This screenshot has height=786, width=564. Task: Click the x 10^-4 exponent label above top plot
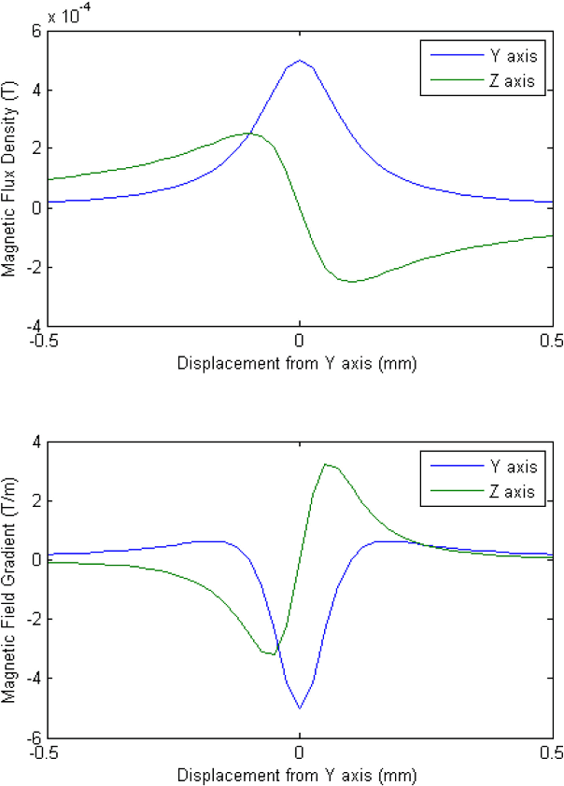(x=68, y=16)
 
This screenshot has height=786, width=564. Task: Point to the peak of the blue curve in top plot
(x=299, y=61)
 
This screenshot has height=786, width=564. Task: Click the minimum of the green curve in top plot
(x=351, y=281)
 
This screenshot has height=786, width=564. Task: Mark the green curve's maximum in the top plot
(x=247, y=133)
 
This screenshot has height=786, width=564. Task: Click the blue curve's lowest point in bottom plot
(x=299, y=708)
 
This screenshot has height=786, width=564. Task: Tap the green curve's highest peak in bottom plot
(x=325, y=464)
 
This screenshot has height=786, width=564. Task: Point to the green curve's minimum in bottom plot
(x=273, y=654)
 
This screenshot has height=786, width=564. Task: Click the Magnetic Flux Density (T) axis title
(x=10, y=178)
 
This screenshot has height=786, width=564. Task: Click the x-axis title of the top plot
(x=297, y=362)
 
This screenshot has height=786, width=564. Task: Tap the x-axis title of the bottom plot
(x=297, y=774)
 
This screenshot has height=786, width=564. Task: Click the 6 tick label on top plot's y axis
(x=36, y=32)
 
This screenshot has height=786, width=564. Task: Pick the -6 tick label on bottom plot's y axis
(x=33, y=737)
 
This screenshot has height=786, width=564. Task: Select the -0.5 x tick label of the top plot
(x=47, y=341)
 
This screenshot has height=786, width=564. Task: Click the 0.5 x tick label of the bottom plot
(x=551, y=752)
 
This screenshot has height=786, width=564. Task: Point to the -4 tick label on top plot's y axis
(x=33, y=326)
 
